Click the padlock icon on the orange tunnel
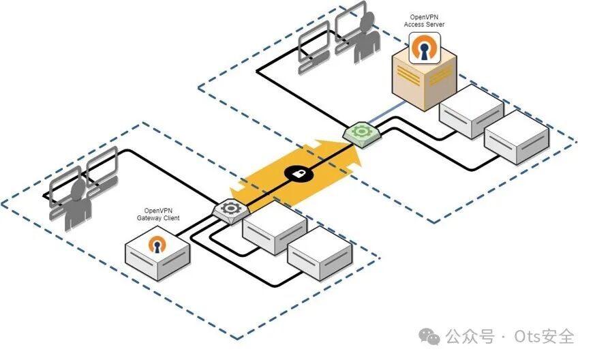click(297, 174)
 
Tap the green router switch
click(359, 133)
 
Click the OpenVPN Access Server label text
click(428, 21)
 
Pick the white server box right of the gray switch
click(275, 227)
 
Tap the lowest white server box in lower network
click(320, 254)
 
